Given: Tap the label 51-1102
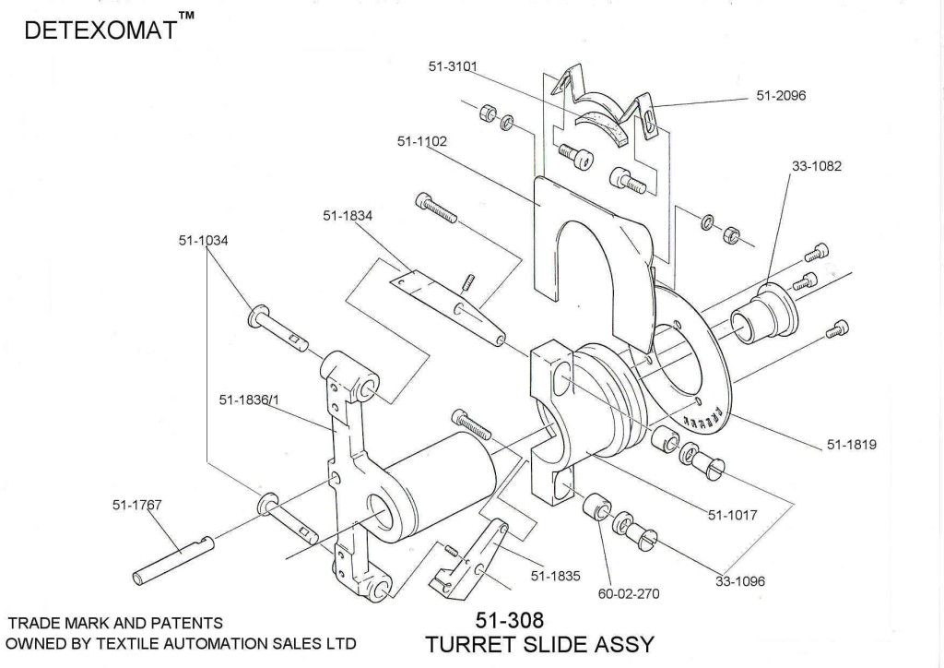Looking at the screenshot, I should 423,141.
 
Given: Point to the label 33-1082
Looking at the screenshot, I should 816,167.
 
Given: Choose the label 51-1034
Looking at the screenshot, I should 204,240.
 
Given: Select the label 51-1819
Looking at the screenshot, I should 851,444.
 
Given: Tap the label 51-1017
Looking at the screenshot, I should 732,515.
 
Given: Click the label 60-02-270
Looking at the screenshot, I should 629,593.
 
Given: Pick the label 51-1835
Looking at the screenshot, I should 555,577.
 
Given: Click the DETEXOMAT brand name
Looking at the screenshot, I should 101,30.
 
